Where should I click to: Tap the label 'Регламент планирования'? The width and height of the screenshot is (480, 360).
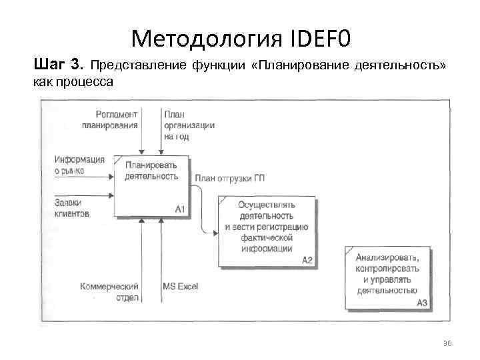coord(110,119)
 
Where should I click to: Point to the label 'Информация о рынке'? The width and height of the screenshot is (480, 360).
coord(79,164)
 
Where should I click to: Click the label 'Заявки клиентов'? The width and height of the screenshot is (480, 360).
coord(72,209)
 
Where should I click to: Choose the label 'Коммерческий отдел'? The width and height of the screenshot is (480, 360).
coord(109,291)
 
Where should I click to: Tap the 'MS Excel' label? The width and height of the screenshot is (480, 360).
coord(180,286)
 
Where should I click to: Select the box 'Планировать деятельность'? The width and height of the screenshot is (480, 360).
coord(151,185)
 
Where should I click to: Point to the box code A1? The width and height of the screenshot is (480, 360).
coord(179,209)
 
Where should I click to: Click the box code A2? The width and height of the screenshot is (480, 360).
coord(307,259)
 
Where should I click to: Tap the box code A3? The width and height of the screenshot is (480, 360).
coord(421,303)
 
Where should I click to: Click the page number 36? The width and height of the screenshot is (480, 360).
coord(447,343)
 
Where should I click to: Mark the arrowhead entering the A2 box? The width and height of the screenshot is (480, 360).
coord(215,233)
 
